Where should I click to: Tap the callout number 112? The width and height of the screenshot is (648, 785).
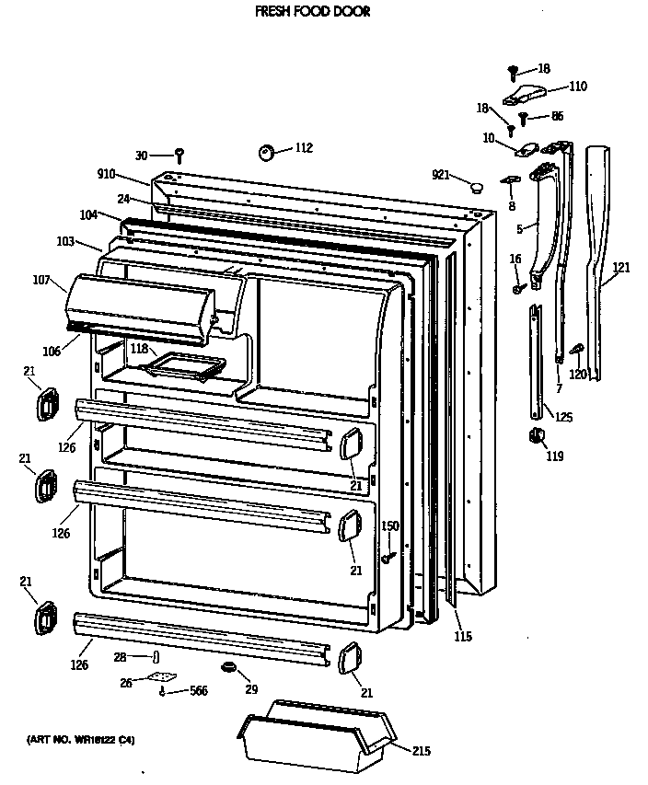pyautogui.click(x=303, y=148)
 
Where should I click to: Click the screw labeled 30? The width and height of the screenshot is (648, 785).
pyautogui.click(x=180, y=154)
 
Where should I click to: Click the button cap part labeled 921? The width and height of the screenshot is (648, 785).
pyautogui.click(x=476, y=188)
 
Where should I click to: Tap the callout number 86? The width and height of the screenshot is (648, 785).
pyautogui.click(x=557, y=116)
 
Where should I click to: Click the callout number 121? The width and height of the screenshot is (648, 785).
pyautogui.click(x=622, y=268)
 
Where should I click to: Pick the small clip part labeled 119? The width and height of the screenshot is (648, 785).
pyautogui.click(x=533, y=435)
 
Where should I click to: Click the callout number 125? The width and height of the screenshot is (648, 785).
pyautogui.click(x=563, y=417)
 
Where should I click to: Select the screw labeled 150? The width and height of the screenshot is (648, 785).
pyautogui.click(x=390, y=555)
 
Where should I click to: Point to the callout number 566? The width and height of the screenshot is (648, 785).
pyautogui.click(x=198, y=691)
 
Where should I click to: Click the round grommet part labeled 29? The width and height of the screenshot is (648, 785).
pyautogui.click(x=226, y=666)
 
